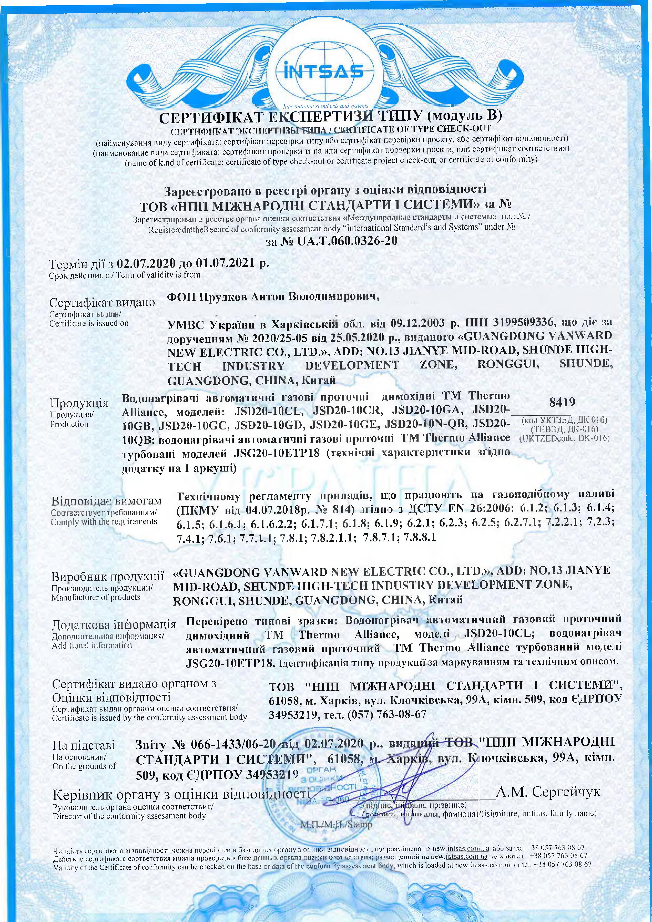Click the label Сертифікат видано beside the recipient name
(x=102, y=302)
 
